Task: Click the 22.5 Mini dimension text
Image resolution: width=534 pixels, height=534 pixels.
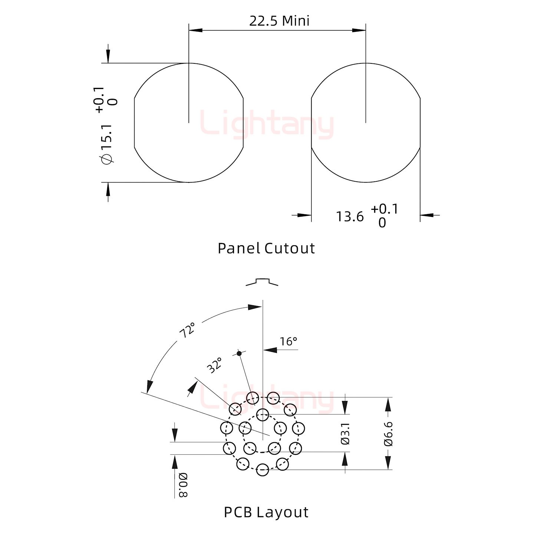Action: click(279, 21)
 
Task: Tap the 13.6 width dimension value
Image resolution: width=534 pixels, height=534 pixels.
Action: click(350, 217)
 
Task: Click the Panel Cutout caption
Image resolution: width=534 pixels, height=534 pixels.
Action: click(266, 248)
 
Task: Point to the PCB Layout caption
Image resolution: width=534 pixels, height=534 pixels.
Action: click(266, 512)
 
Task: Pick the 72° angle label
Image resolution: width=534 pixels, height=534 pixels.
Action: click(187, 330)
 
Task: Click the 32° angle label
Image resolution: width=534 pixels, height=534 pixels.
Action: click(214, 365)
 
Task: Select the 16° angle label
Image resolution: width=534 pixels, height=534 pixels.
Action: click(288, 341)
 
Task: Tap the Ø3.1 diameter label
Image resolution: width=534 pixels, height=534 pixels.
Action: click(345, 433)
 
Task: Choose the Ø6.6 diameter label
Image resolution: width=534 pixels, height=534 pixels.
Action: click(388, 433)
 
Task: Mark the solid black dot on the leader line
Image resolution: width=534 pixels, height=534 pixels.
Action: click(239, 353)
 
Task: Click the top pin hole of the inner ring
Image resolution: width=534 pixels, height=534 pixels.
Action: click(262, 414)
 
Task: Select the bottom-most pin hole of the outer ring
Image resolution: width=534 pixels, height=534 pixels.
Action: click(262, 469)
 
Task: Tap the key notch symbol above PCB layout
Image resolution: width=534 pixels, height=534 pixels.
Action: click(262, 282)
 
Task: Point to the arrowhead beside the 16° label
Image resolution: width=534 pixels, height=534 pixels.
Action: click(270, 350)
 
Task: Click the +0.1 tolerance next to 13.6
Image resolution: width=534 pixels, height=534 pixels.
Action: click(384, 209)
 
